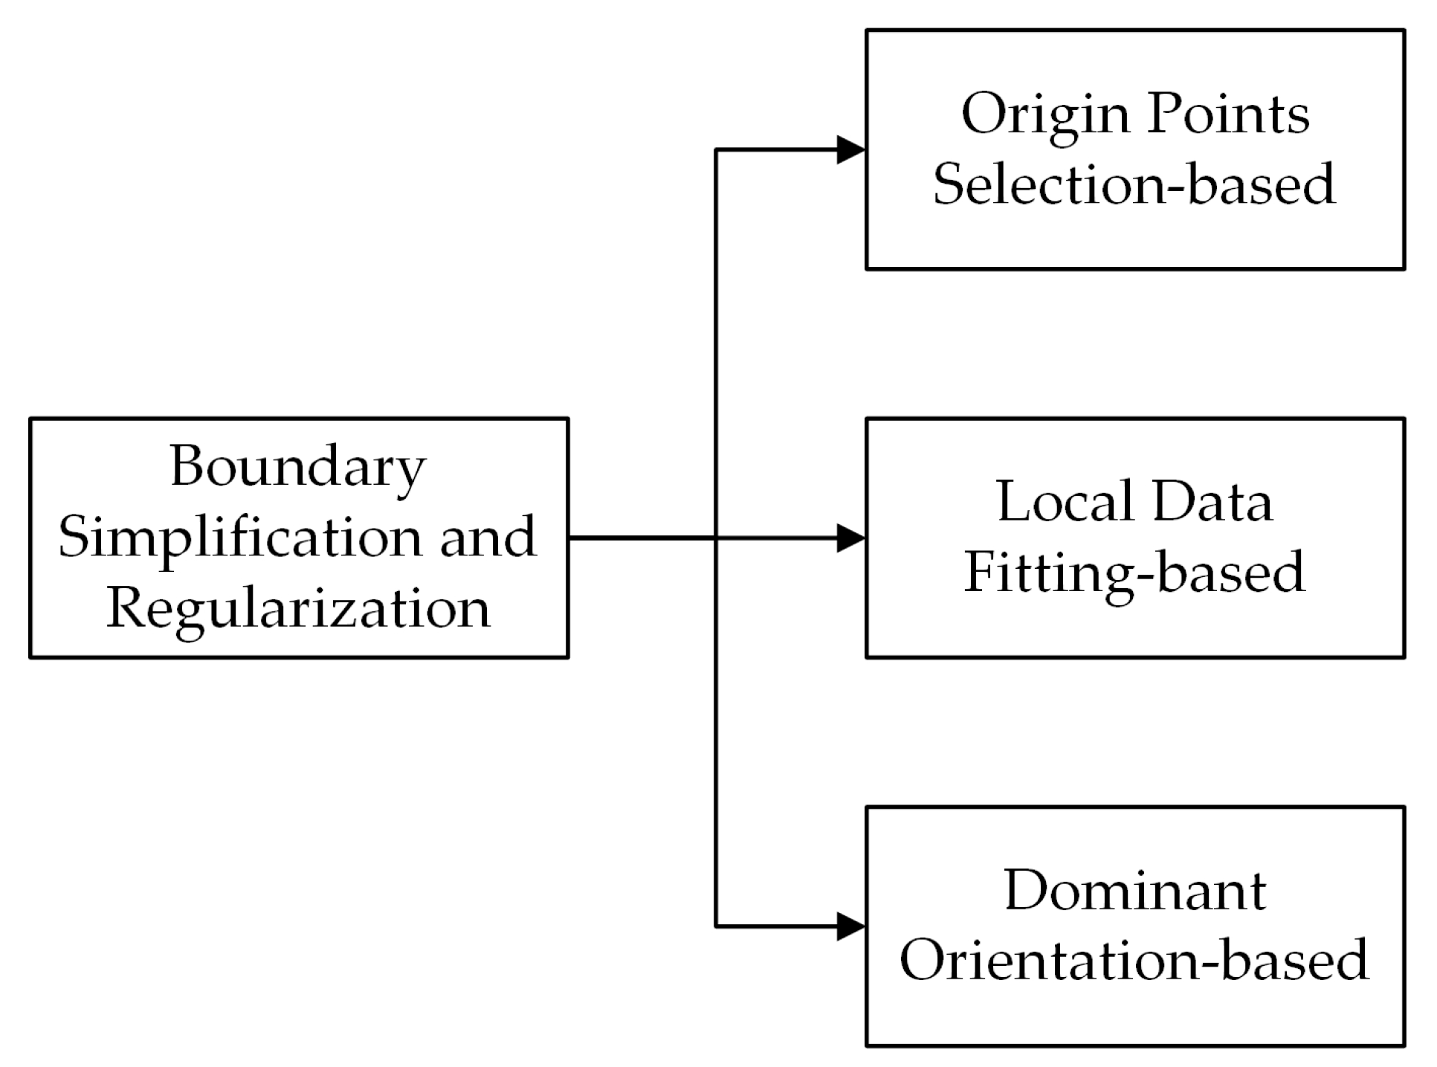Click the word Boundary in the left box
point(298,467)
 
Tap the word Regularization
point(298,608)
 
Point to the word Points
point(1227,114)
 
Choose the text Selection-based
point(1134,184)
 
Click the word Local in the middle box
point(1059,502)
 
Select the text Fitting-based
point(1134,572)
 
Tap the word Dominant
point(1134,890)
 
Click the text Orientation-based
point(1134,960)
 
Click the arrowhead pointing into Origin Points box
point(851,149)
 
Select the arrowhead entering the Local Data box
point(851,538)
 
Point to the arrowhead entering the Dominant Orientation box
point(851,926)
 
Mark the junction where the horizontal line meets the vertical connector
point(715,538)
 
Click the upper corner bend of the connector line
point(715,149)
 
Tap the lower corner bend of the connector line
point(715,926)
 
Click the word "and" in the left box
point(487,537)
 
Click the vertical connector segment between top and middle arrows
point(715,342)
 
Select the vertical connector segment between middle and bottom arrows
point(715,732)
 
